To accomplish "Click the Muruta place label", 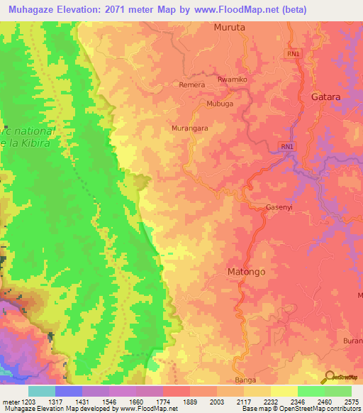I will pos(229,28).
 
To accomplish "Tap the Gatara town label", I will pos(325,97).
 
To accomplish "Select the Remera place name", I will pos(192,84).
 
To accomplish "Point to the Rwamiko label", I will pos(233,79).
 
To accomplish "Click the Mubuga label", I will pos(219,103).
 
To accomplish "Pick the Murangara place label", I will pos(189,128).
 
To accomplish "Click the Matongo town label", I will pos(246,271).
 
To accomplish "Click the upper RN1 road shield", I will pos(293,54).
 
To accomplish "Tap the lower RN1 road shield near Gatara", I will pos(286,147).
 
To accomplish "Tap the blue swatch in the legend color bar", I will pos(68,391).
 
